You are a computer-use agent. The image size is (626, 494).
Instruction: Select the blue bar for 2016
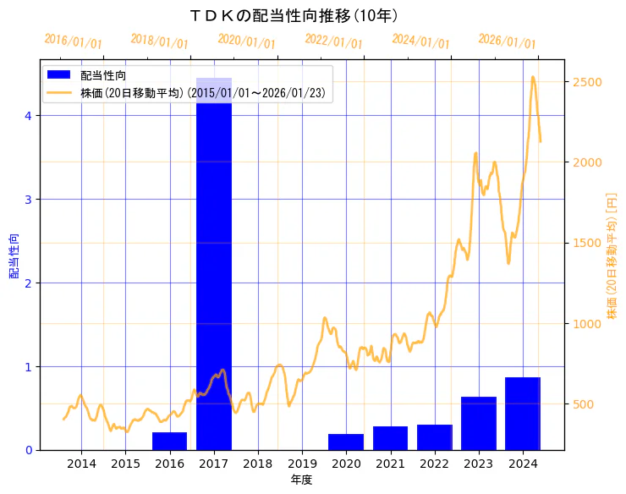(169, 441)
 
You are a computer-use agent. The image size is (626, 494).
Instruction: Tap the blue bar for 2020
(346, 442)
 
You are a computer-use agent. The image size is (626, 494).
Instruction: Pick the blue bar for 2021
(390, 438)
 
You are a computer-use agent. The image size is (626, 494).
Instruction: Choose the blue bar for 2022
(434, 437)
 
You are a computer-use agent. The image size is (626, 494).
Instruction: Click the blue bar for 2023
(479, 423)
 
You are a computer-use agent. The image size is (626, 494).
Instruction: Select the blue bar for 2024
(523, 414)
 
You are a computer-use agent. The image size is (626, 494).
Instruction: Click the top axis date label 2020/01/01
(246, 41)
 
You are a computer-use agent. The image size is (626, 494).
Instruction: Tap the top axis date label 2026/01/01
(507, 41)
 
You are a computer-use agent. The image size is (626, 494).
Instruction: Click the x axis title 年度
(301, 480)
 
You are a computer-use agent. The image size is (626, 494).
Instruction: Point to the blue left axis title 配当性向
(14, 256)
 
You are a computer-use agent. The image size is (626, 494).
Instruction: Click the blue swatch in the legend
(59, 74)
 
